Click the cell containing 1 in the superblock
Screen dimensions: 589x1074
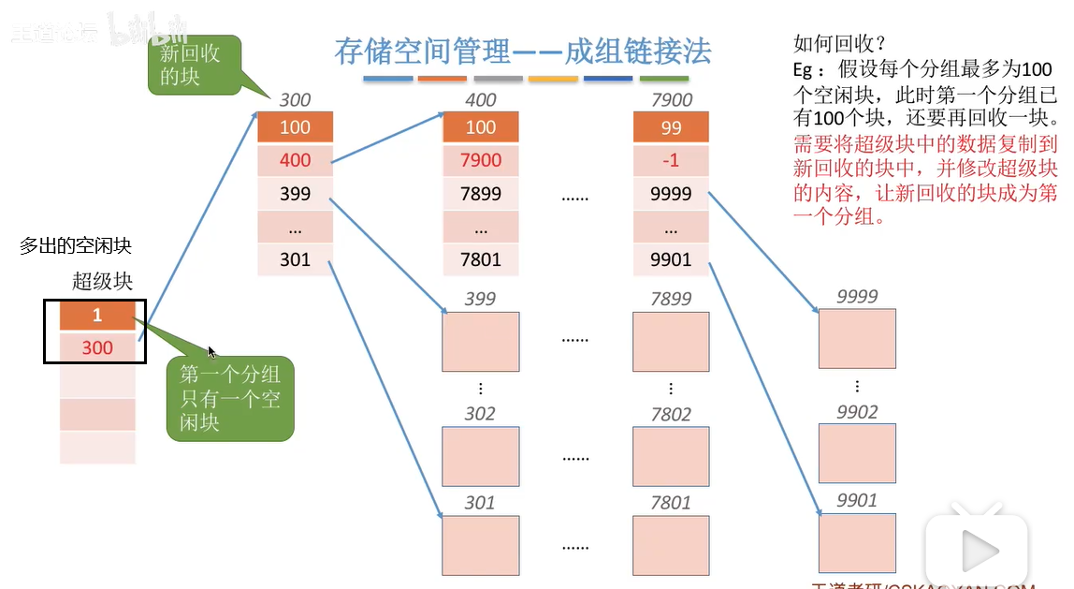coord(97,316)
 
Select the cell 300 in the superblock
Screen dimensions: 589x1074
coord(97,347)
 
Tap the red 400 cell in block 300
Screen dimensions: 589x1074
coord(295,160)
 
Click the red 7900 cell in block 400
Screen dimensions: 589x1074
coord(481,160)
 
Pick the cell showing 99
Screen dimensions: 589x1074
coord(671,127)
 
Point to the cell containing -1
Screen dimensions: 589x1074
coord(671,160)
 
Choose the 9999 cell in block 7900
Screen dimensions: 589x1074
coord(671,194)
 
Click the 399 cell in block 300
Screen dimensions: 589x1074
coord(295,194)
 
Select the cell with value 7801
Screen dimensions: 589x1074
coord(481,259)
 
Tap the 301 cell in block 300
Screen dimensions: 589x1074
coord(295,259)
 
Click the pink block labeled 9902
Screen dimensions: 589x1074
coord(857,453)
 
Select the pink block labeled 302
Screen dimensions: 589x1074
coord(481,456)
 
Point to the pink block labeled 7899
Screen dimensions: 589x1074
coord(671,342)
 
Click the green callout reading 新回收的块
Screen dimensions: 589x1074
coord(194,66)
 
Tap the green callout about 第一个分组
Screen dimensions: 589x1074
coord(230,398)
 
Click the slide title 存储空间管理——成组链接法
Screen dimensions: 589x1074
coord(523,51)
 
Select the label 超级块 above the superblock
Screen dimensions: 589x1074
coord(103,281)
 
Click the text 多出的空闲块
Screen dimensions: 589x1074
coord(76,246)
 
